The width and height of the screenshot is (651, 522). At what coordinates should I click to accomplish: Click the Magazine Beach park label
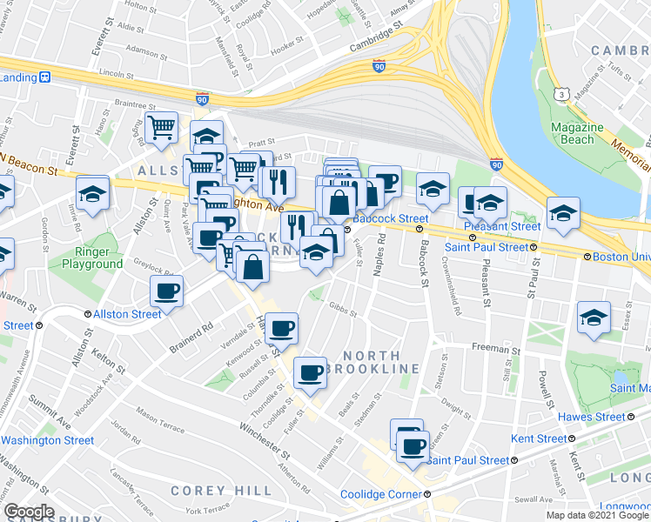click(574, 133)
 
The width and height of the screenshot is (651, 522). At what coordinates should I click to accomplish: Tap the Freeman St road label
click(495, 349)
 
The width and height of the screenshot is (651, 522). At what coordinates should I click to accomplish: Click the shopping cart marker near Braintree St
click(161, 128)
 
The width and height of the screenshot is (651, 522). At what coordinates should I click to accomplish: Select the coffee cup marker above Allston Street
click(166, 291)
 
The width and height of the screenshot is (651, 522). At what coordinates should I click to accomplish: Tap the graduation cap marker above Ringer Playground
click(91, 194)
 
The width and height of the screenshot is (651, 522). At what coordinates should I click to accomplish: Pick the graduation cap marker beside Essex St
click(594, 317)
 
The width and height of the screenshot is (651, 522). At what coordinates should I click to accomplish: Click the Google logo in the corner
click(29, 512)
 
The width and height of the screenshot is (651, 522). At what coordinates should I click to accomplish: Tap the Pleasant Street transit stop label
click(505, 226)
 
